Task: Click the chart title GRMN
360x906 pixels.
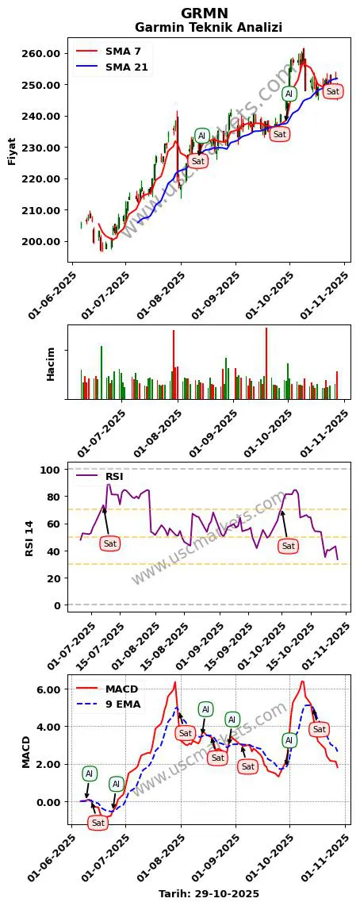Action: [205, 13]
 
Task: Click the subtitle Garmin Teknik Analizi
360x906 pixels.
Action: [209, 28]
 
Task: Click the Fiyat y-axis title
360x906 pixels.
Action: [12, 151]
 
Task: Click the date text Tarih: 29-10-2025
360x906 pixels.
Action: [209, 893]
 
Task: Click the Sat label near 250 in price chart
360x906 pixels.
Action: [333, 92]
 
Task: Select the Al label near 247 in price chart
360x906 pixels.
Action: [289, 94]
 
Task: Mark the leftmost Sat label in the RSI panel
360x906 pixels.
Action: [109, 543]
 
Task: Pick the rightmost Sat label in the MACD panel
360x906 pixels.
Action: [320, 729]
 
